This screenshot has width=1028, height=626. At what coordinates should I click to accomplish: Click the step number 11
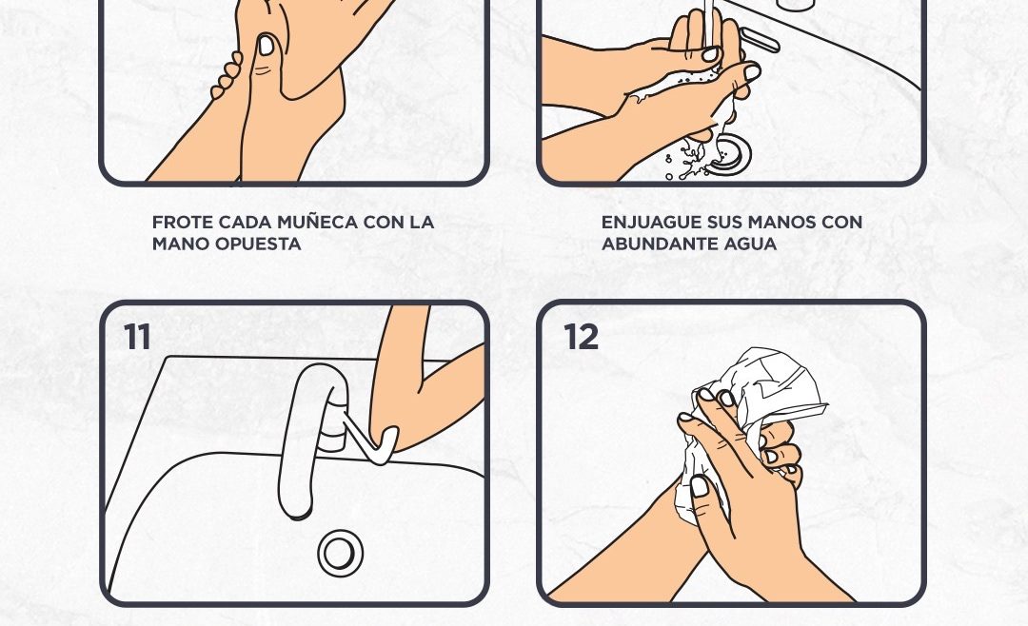[137, 337]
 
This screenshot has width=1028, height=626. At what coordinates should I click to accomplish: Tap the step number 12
[581, 337]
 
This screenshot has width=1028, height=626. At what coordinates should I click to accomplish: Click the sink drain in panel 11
[340, 554]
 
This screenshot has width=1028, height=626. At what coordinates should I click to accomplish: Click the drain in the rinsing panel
[728, 153]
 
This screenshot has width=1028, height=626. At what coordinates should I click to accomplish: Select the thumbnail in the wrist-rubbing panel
[267, 46]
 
